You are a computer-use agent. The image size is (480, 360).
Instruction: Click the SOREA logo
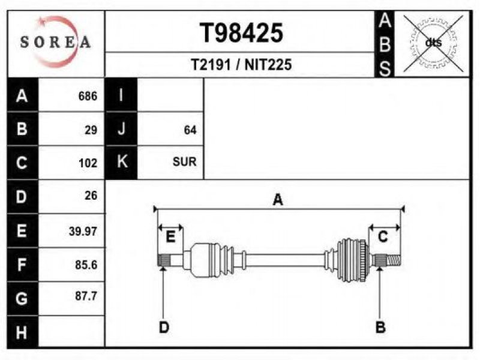point(55,42)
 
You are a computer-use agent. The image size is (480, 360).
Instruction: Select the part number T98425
point(241,33)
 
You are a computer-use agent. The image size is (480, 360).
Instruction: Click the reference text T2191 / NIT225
point(241,65)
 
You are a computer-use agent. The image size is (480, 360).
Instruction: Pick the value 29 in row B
point(91,130)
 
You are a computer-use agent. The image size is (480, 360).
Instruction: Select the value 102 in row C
point(88,163)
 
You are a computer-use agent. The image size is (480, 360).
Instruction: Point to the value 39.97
point(83,231)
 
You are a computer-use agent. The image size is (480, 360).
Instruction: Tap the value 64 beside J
point(190,130)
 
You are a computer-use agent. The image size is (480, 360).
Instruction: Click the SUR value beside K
point(184,162)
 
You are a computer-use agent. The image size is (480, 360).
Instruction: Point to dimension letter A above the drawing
point(278,200)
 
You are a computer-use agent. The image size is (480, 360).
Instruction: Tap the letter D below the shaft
point(163,327)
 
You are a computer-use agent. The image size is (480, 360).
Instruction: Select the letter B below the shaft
point(380,327)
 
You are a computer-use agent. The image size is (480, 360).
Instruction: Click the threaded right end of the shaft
point(392,260)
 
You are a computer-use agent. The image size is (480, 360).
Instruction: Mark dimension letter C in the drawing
point(383,238)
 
